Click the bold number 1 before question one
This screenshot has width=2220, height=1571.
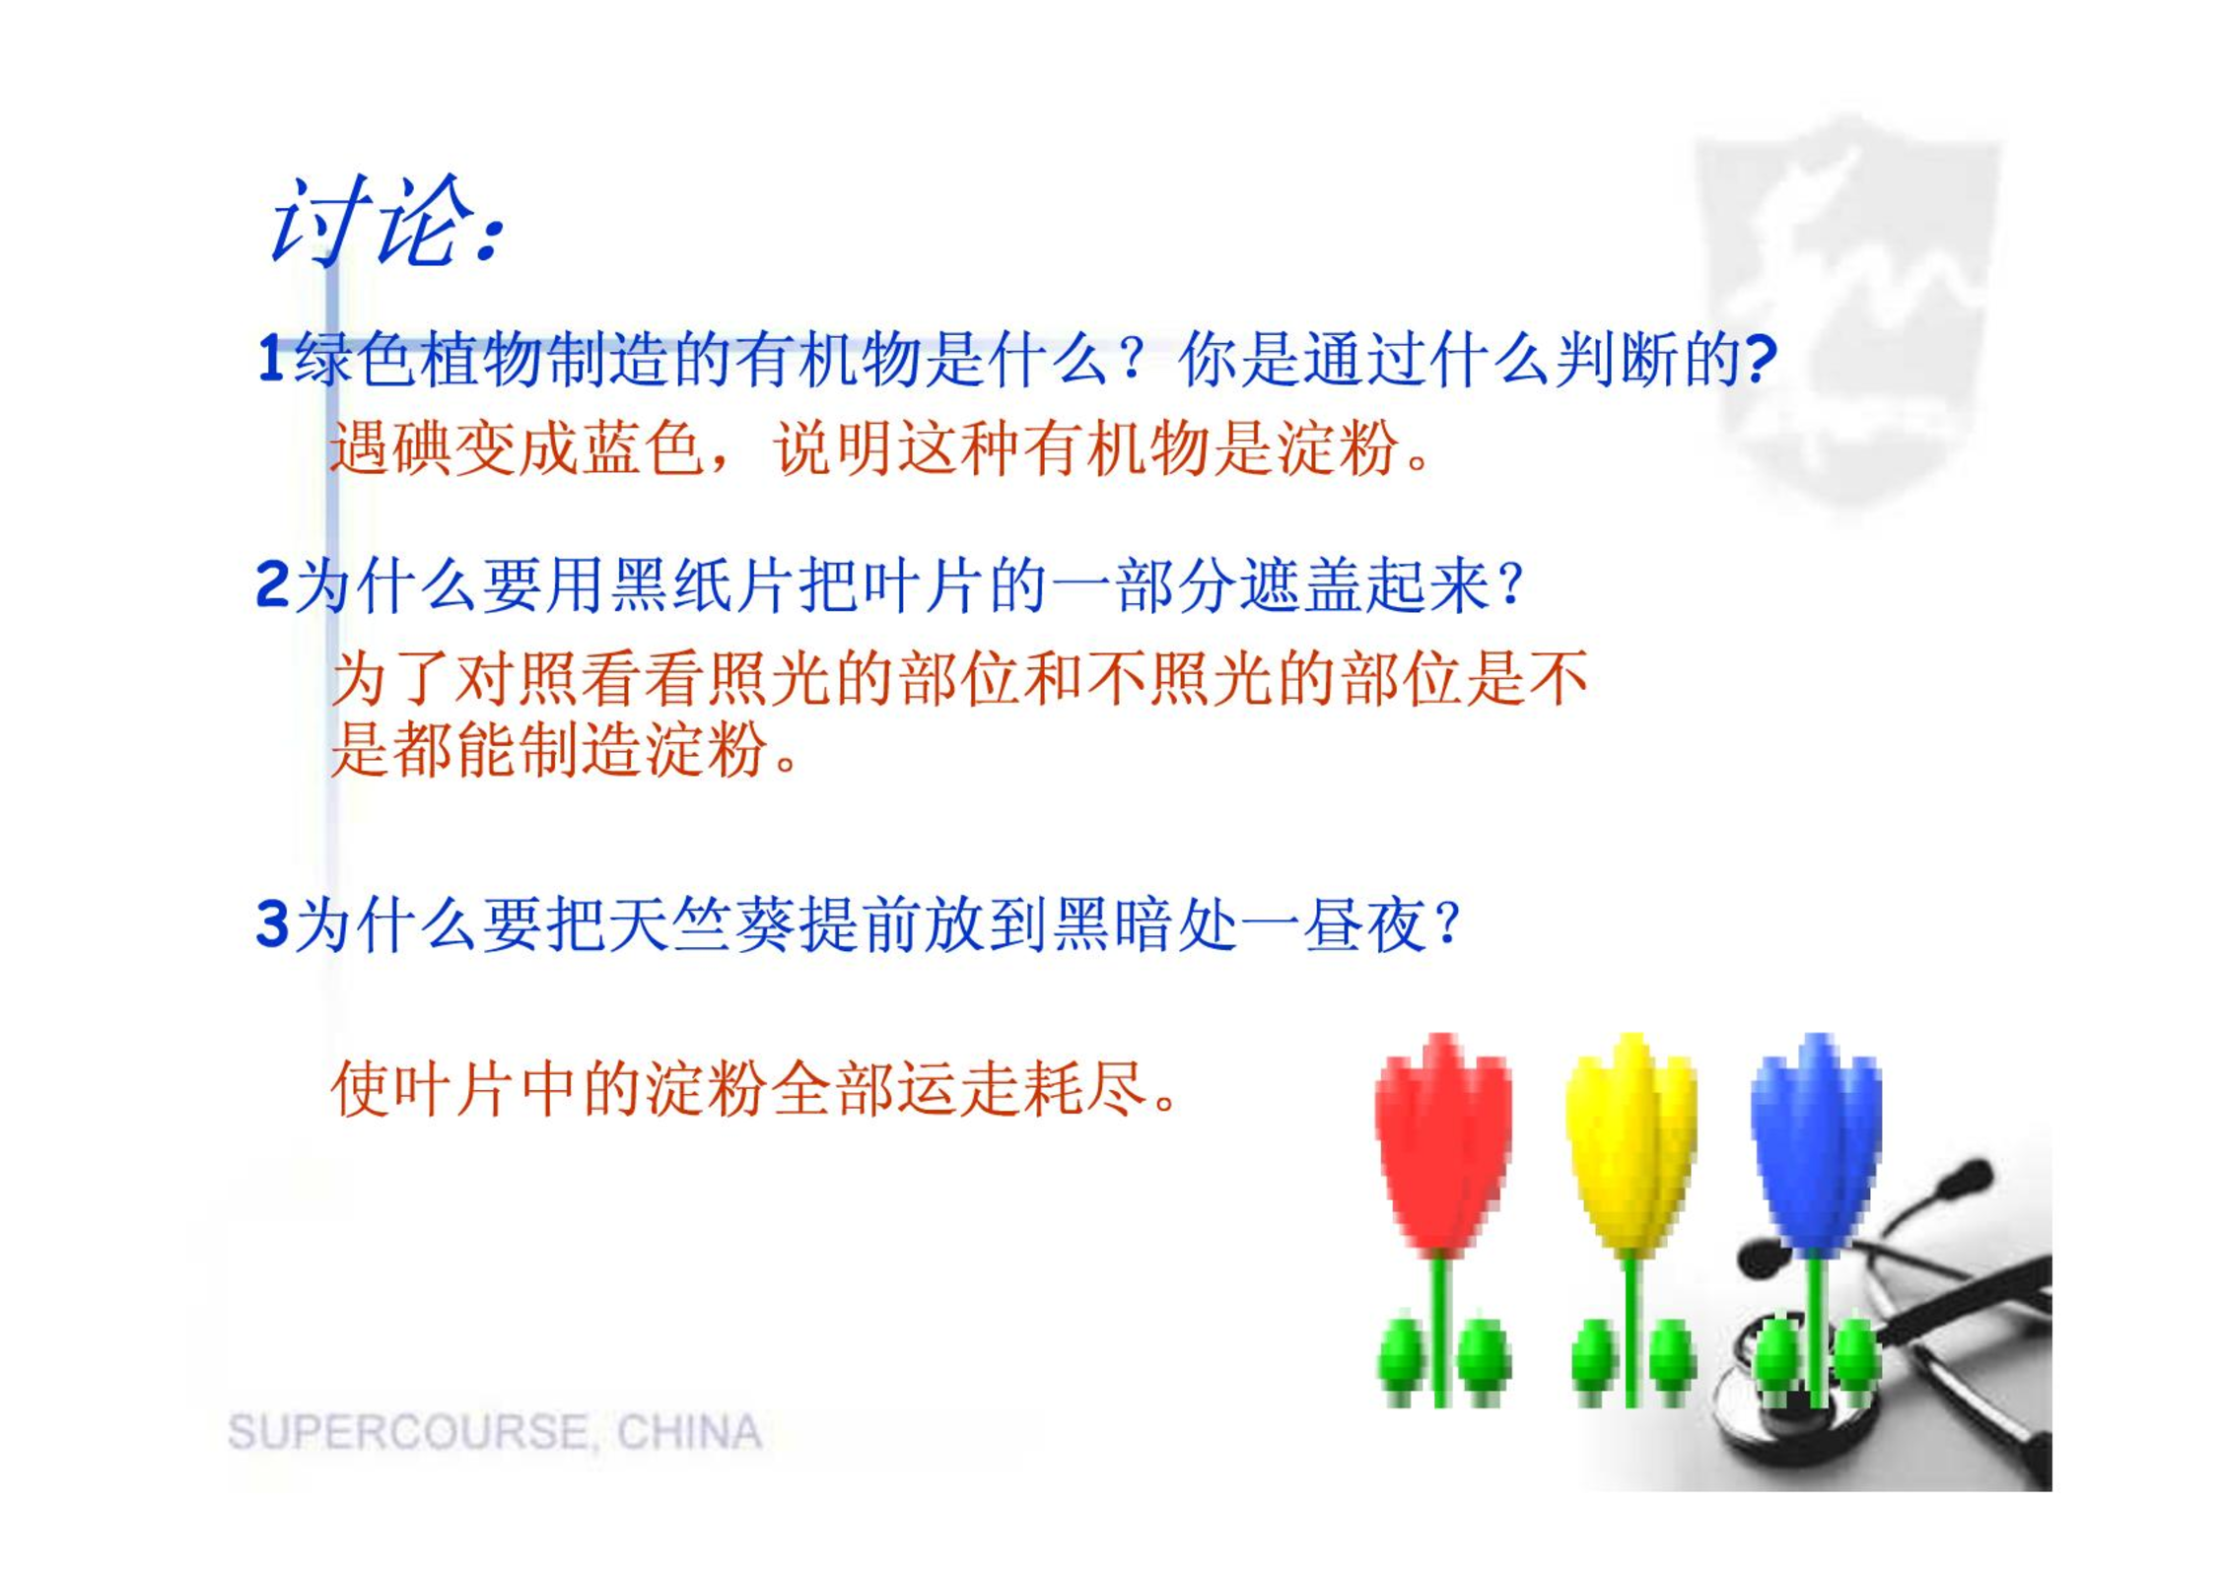271,359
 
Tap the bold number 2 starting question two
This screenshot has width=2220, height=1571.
272,584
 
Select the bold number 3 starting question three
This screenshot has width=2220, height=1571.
272,924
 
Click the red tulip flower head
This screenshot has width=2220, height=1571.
1442,1143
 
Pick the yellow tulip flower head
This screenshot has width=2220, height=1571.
1631,1143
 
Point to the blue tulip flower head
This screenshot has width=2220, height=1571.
1816,1143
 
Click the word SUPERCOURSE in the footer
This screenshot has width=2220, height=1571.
407,1432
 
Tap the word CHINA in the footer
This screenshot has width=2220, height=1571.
689,1432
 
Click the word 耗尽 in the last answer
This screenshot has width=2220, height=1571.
1086,1090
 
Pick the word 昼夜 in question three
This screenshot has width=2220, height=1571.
1364,925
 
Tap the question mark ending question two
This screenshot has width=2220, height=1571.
1509,585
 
